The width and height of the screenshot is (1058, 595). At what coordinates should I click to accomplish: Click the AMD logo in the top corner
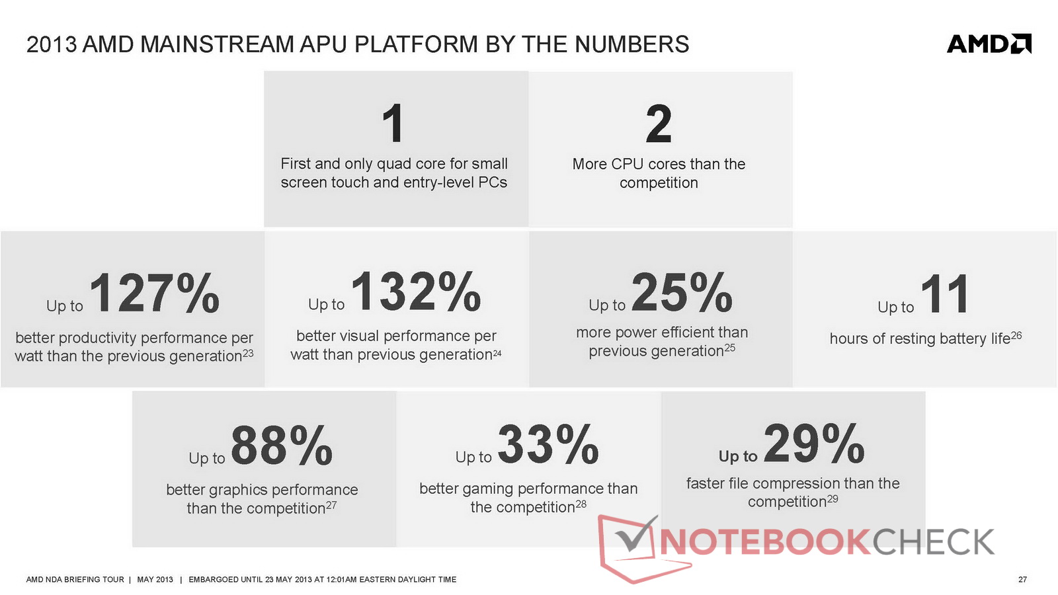tap(989, 44)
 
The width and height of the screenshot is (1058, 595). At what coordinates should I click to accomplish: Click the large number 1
tap(393, 123)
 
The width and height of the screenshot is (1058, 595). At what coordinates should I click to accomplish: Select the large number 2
tap(659, 123)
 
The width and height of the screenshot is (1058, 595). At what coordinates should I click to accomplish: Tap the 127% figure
tap(155, 294)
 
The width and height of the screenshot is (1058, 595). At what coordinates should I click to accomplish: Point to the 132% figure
tap(416, 292)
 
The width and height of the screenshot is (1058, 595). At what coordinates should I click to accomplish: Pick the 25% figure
tap(682, 292)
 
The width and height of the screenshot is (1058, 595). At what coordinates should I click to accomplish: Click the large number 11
tap(945, 294)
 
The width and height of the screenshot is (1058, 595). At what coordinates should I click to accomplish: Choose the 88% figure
tap(282, 446)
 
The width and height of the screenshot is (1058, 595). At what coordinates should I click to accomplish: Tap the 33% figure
tap(548, 444)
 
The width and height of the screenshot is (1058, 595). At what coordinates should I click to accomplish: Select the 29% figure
tap(814, 443)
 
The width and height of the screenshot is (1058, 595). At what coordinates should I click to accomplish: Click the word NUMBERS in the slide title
tap(632, 44)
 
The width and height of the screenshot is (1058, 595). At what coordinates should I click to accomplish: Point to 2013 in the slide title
tap(52, 44)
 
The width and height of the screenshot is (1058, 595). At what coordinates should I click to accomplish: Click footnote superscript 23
tap(248, 352)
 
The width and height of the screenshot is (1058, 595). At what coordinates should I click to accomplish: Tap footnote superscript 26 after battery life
tap(1016, 335)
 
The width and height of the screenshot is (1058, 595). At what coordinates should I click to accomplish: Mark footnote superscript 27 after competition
tap(331, 505)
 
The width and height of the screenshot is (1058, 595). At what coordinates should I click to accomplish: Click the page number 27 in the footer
tap(1022, 579)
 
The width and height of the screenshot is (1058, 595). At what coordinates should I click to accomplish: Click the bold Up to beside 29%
tap(738, 456)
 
